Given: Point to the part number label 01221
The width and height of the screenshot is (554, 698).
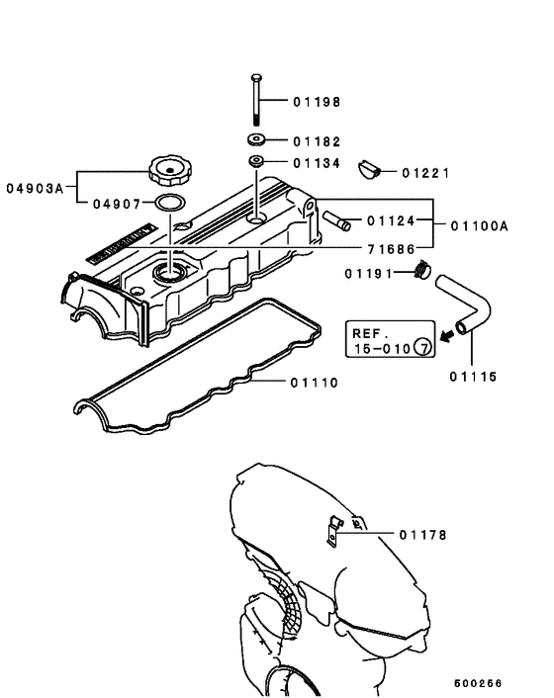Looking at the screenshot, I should (426, 172).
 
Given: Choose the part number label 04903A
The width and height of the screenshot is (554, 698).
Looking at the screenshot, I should (36, 186).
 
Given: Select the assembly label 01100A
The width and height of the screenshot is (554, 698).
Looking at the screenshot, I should (479, 225).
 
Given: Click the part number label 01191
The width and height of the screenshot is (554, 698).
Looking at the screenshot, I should (370, 272).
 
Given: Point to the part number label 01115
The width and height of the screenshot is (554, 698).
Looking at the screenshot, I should (473, 376).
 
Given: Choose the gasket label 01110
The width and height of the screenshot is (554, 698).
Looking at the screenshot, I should (316, 382).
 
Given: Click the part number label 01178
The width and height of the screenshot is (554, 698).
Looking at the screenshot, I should (423, 535).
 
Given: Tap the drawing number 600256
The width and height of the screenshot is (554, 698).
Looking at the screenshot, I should (479, 683).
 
